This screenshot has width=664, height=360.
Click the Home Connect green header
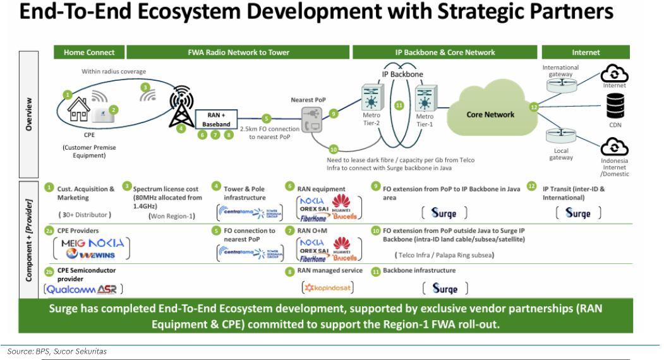pos(89,52)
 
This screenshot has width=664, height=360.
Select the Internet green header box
pos(585,52)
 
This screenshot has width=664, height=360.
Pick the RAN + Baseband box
pos(215,119)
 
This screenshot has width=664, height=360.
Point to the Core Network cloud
pos(490,114)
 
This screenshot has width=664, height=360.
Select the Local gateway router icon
pos(560,136)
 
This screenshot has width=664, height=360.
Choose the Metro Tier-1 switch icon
pos(424,99)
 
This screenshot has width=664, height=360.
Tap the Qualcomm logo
pos(69,289)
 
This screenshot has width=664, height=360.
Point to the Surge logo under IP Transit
pos(577,213)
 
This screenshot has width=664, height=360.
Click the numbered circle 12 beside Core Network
pos(534,107)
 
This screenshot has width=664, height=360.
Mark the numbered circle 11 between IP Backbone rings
pos(399,105)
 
